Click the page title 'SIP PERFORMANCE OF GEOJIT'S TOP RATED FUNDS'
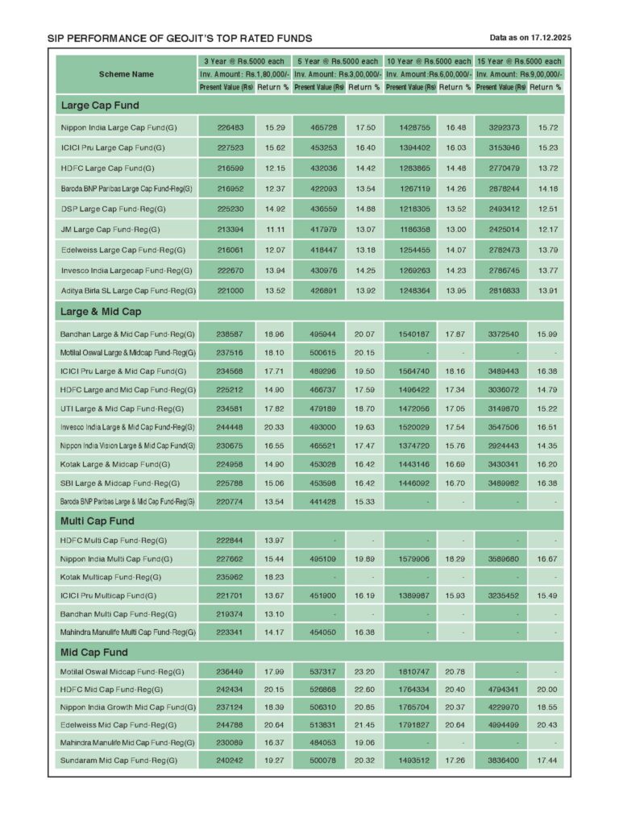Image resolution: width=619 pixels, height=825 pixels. (180, 38)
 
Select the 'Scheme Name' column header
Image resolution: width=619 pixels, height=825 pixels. (127, 74)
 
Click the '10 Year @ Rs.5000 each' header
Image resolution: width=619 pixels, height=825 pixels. (428, 61)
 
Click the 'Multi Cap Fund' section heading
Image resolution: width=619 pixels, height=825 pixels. (98, 520)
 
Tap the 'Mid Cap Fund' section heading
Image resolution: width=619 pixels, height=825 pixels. (93, 652)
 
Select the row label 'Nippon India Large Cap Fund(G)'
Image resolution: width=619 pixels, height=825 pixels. (118, 128)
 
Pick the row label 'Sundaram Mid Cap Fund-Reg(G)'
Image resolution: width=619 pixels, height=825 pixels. (118, 761)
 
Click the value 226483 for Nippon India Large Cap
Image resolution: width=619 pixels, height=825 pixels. (226, 128)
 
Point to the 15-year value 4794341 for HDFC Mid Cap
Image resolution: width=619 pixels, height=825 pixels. (501, 690)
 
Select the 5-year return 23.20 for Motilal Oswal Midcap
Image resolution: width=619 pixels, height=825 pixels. (364, 671)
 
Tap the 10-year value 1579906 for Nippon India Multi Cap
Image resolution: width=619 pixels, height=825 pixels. (410, 558)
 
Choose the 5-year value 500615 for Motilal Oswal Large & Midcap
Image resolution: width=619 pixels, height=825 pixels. (320, 353)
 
